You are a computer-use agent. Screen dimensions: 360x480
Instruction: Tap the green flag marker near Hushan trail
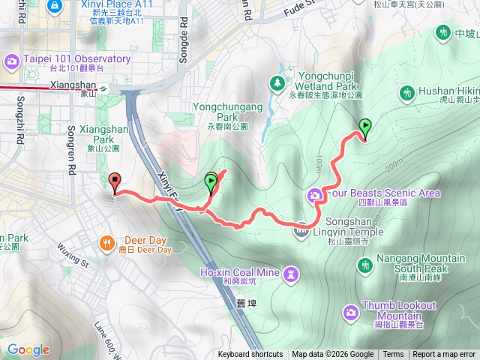[365, 128]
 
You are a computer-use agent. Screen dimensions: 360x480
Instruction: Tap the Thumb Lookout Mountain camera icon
[350, 311]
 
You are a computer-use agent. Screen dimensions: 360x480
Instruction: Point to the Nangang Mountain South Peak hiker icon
[365, 265]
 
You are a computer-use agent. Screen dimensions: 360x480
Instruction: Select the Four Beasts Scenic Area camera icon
[314, 196]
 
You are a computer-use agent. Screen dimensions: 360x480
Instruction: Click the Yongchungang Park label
[228, 112]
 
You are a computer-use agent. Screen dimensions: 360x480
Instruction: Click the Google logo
[28, 349]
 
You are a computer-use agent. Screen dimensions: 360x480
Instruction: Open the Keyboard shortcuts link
[250, 355]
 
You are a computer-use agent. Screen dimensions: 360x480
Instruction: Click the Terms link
[393, 355]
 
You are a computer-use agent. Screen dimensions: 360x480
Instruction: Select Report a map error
[444, 355]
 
